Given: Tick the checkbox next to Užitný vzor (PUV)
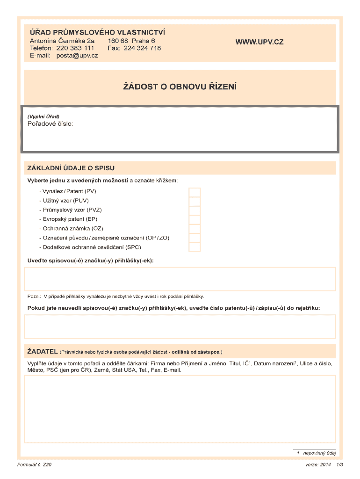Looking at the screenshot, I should [194, 201].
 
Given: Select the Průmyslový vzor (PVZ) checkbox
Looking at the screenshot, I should [194, 210].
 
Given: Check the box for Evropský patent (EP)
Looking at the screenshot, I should [194, 219].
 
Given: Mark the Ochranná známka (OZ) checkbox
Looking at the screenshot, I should [194, 229].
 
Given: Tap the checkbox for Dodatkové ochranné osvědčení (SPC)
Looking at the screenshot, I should [194, 247].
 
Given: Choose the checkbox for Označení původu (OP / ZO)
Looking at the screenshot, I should [194, 238].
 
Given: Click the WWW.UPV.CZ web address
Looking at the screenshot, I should [259, 42].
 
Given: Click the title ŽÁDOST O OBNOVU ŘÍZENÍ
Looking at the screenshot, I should [180, 87].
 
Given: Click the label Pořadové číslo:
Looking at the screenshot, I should [50, 124].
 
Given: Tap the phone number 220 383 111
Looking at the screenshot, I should [75, 48].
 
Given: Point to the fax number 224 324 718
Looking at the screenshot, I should [142, 48].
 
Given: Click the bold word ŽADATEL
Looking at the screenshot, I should [42, 351].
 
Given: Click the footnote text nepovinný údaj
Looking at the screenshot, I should [319, 453].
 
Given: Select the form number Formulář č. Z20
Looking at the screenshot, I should [34, 465].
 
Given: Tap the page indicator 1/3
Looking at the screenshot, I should [339, 465].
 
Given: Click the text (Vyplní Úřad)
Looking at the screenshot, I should [43, 116].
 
